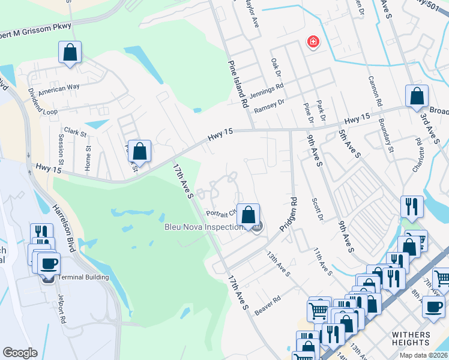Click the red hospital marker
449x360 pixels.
(313, 42)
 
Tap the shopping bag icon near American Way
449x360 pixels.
(70, 53)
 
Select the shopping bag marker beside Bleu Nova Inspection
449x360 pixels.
(248, 215)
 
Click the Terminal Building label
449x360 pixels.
(83, 277)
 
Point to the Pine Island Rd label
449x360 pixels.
(238, 83)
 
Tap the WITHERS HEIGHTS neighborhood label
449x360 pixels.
(419, 338)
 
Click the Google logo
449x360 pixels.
(20, 353)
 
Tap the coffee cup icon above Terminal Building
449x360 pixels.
(48, 263)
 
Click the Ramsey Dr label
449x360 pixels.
(268, 106)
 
